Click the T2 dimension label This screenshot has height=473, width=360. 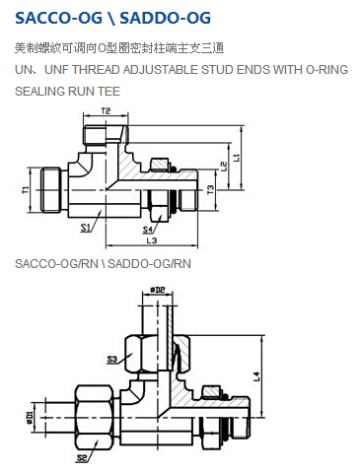point(106,111)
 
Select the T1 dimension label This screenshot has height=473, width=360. point(26,189)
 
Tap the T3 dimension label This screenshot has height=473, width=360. point(210,189)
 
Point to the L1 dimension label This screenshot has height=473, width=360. point(237,158)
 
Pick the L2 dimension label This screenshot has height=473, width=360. point(224,166)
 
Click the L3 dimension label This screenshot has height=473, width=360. point(152,240)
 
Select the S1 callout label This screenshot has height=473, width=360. point(86,228)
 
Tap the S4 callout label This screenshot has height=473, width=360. point(148,230)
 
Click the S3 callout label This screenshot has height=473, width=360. point(112,360)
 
